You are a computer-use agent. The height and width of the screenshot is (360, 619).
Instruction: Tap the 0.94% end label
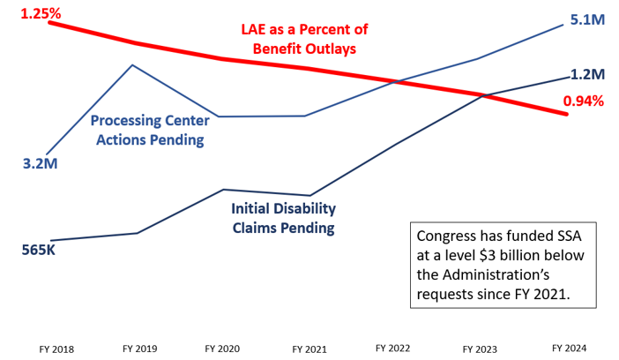(583, 101)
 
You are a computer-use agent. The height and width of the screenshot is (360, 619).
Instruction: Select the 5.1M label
(586, 20)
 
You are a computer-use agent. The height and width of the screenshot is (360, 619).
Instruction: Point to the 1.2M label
(586, 74)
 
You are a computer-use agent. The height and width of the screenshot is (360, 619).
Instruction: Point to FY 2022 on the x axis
(392, 349)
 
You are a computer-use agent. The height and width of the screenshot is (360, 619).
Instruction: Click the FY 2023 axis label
(477, 349)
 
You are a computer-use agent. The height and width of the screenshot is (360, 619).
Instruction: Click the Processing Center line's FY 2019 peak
(132, 65)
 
